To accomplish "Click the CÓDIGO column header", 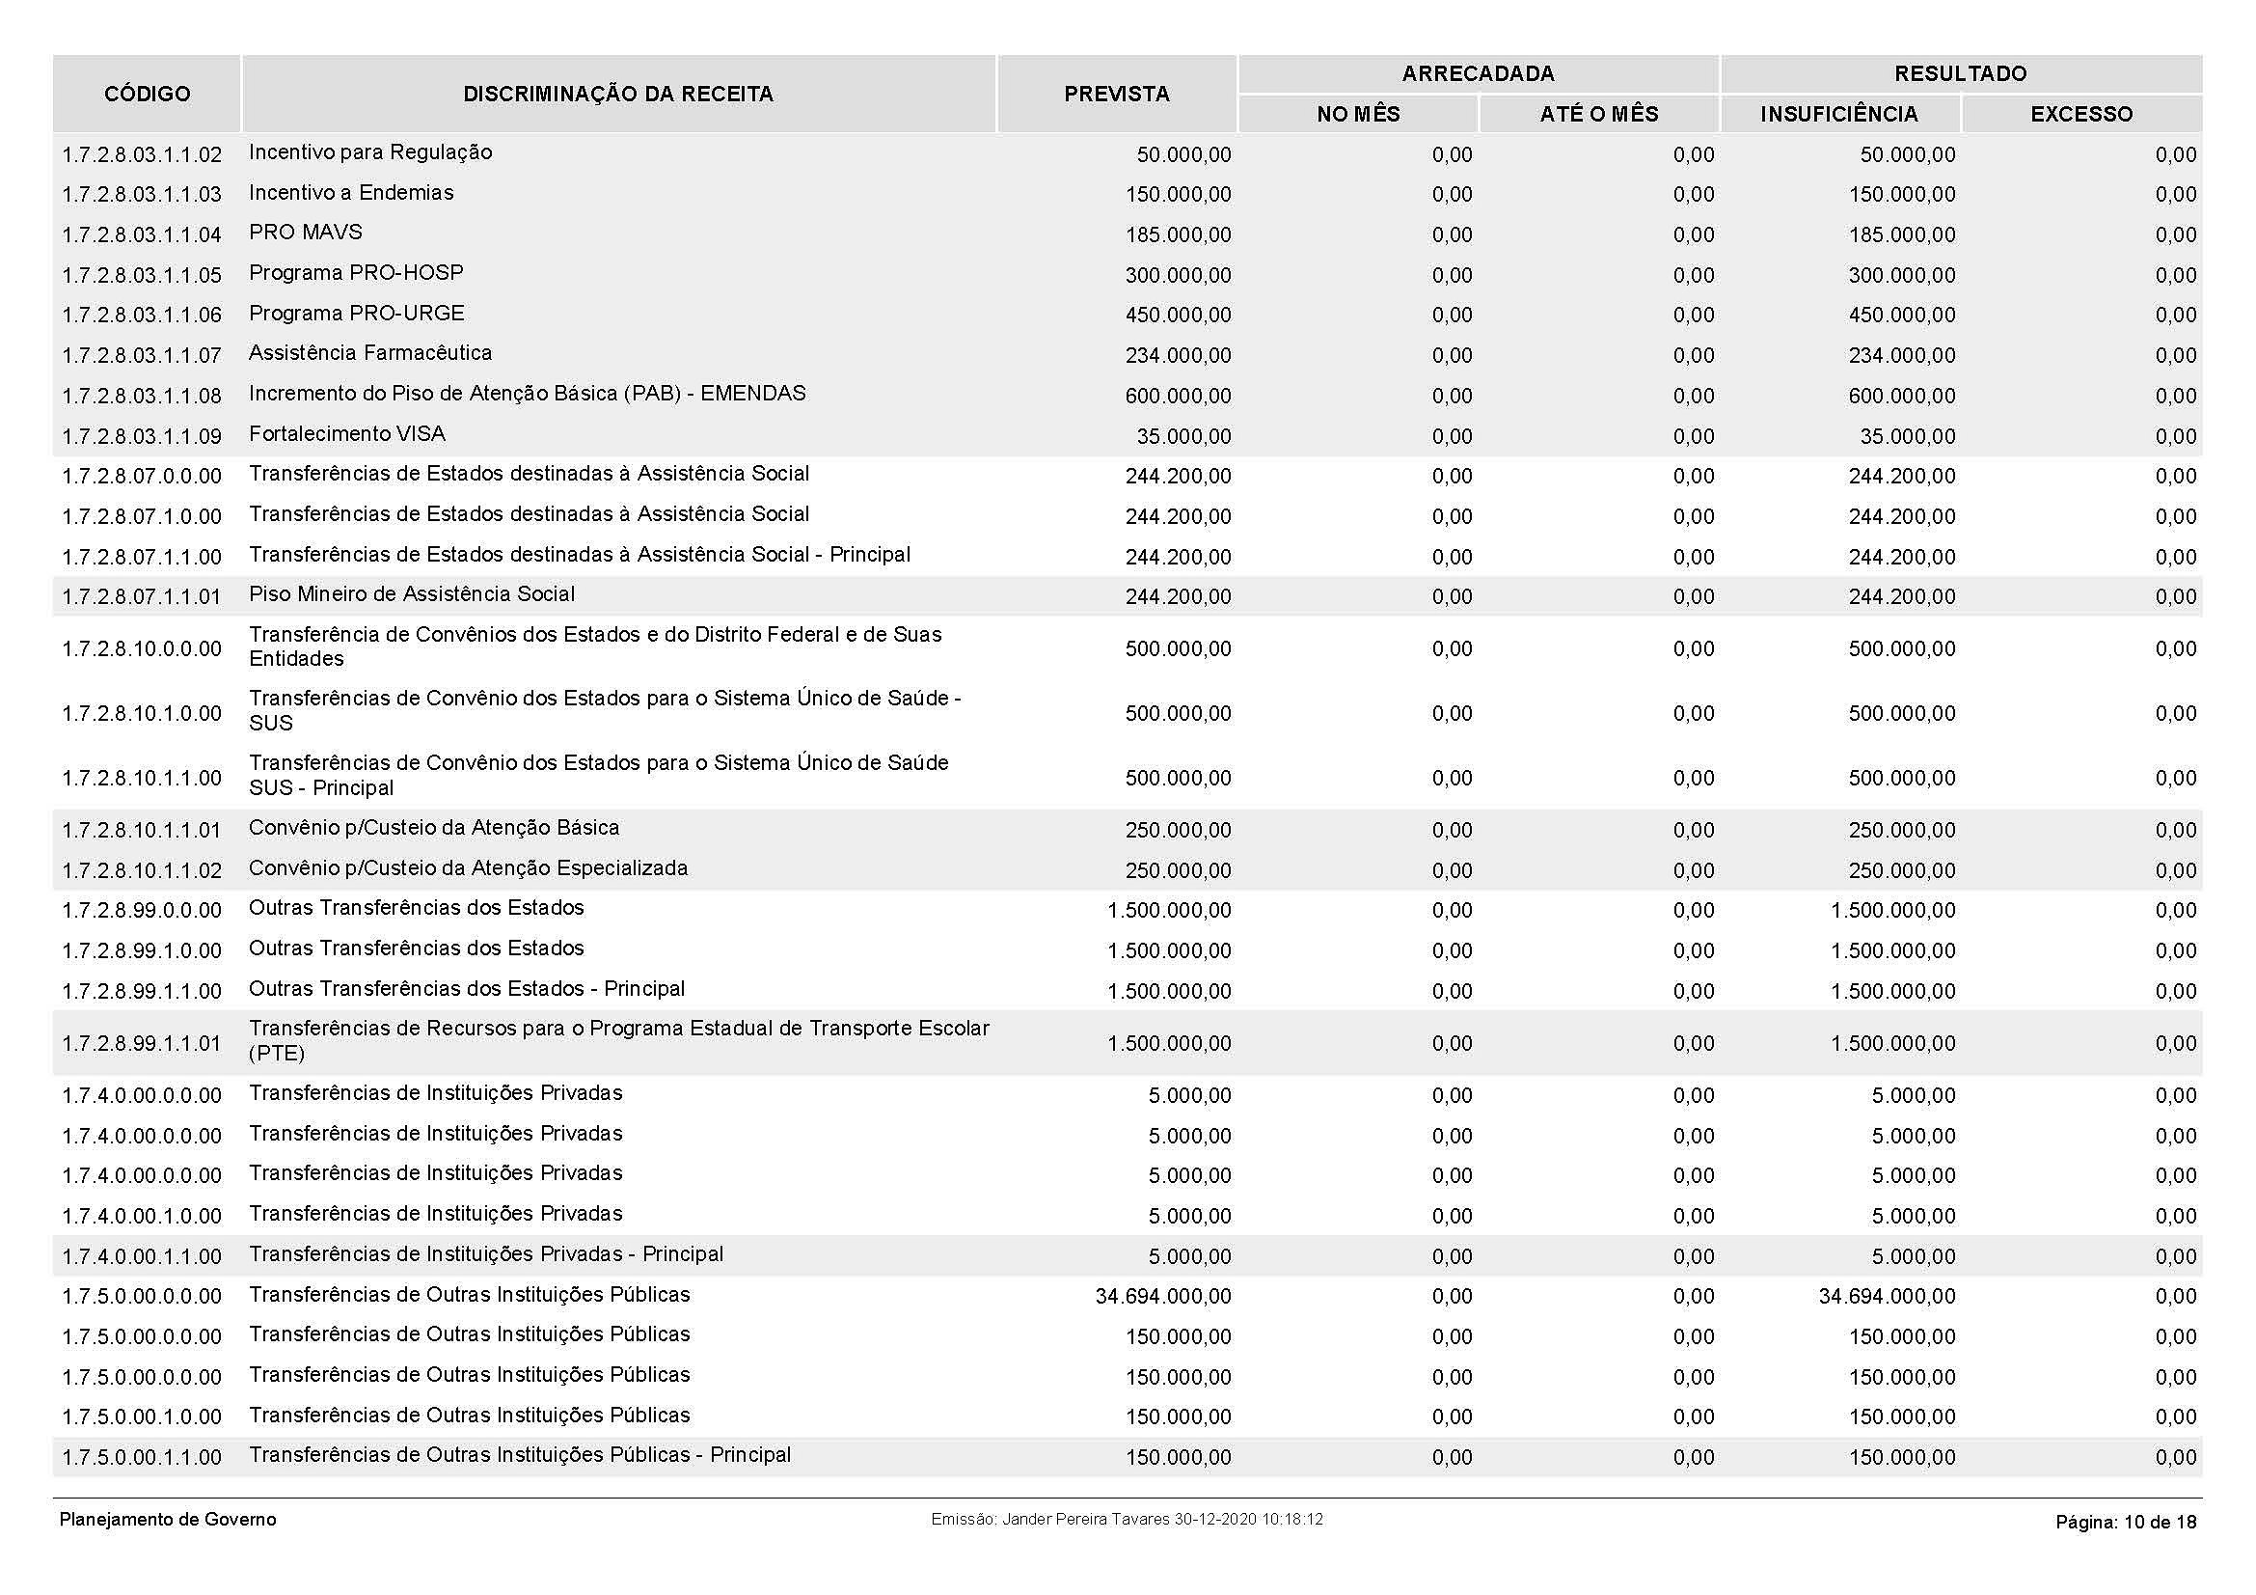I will [148, 95].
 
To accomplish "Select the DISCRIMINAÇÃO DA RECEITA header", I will [618, 95].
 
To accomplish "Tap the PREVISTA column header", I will [1116, 95].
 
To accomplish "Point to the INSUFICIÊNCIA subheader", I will [1838, 115].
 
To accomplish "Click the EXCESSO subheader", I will [2081, 115].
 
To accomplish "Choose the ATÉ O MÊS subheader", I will [1598, 115].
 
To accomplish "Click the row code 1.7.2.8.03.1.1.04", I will [142, 234].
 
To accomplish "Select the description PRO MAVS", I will [306, 233].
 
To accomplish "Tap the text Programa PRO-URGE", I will [357, 314].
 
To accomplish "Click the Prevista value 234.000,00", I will [1178, 356].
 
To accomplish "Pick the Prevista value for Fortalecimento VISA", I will [1184, 436].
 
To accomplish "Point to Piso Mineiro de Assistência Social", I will [412, 594].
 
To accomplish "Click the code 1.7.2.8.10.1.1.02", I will [142, 870].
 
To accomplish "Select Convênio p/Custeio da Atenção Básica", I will [433, 829].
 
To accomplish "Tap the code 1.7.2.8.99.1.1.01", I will [142, 1044].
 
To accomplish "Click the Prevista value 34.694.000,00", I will [1162, 1297].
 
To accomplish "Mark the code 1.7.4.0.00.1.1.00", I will [142, 1257].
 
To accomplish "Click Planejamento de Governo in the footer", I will [168, 1521].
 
